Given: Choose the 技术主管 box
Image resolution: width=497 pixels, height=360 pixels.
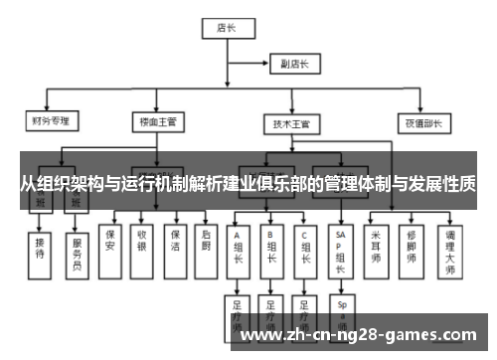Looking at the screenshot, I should point(291,123).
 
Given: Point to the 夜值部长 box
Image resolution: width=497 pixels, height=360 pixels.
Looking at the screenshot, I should point(415,122).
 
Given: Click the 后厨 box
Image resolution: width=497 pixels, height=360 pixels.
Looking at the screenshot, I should point(204,245).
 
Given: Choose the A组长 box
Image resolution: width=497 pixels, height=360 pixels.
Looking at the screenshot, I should point(239,251).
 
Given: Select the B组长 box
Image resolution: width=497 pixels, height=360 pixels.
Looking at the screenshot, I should point(271,251).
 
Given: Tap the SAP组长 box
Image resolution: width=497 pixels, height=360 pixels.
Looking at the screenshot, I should point(341,251).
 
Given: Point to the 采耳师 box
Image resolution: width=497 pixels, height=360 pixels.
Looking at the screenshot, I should point(376,245).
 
